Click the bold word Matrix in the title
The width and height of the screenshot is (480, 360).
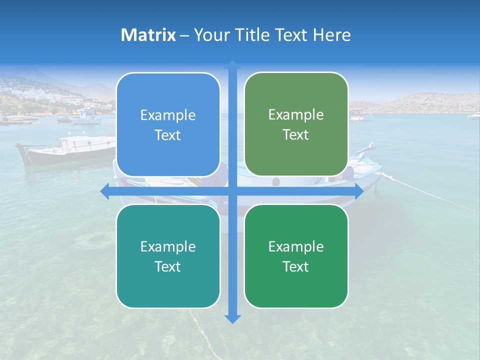[148, 35]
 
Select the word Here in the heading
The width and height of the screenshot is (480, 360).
[332, 35]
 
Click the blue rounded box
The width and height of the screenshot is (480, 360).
[168, 125]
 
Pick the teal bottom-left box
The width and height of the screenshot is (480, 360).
[168, 256]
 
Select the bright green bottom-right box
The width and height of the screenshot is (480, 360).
[296, 256]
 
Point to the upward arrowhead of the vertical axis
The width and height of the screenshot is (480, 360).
[232, 64]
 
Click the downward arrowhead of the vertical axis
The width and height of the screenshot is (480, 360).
[232, 319]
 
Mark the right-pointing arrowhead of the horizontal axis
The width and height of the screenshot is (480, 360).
[358, 191]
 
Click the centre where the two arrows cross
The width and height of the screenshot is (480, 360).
[232, 191]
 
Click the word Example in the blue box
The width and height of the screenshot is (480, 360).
[168, 115]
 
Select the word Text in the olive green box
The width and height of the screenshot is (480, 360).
[296, 134]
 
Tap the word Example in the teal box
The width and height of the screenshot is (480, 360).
[168, 246]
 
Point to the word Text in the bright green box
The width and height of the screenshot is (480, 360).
[296, 266]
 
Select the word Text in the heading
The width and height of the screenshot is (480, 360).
[292, 35]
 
